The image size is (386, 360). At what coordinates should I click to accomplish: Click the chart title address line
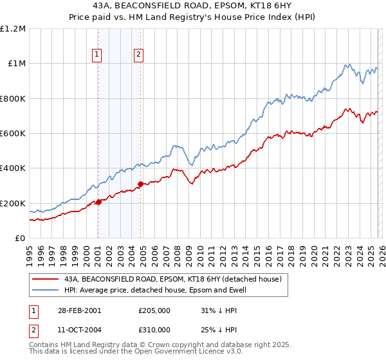192,6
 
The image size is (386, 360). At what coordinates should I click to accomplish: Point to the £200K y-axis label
13,203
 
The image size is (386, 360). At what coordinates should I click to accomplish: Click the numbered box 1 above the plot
97,55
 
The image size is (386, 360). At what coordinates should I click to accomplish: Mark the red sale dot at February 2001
98,203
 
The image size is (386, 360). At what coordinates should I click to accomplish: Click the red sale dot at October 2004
140,184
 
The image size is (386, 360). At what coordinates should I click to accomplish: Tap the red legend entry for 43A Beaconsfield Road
172,280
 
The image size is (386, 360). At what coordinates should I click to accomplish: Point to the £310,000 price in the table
154,329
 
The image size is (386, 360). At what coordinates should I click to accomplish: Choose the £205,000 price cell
154,310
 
